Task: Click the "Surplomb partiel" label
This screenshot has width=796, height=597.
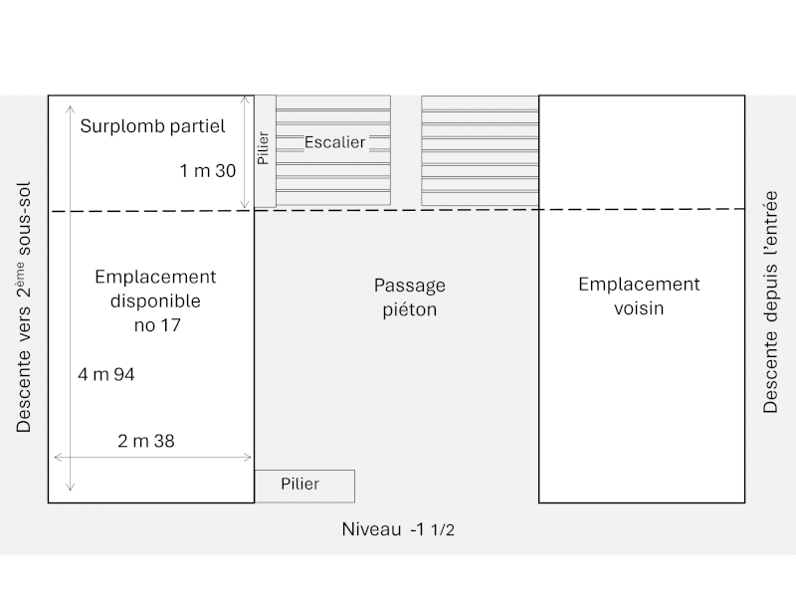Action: tap(153, 126)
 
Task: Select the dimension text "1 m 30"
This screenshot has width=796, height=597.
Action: tap(207, 171)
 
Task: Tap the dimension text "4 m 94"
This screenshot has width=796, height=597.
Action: tap(105, 375)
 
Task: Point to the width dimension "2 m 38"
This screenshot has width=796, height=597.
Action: tap(146, 441)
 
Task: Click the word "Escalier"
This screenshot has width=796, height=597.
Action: tap(334, 142)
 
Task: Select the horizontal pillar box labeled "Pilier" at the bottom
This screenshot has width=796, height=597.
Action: tap(304, 485)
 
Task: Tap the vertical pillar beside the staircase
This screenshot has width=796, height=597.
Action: tap(264, 151)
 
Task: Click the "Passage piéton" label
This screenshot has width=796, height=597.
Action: tap(410, 298)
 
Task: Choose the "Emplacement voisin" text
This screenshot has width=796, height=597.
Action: tap(639, 297)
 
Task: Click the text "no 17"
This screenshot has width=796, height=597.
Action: tap(157, 325)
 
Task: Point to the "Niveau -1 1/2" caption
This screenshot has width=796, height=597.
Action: tap(398, 529)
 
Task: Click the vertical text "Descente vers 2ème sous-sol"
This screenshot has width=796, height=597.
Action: tap(24, 307)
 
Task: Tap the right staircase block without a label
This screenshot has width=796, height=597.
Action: tap(480, 151)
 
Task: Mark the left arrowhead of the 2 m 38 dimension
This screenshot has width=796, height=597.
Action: tap(57, 457)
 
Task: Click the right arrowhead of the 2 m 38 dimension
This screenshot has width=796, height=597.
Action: tap(249, 457)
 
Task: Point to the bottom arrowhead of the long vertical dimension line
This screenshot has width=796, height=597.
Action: tap(70, 488)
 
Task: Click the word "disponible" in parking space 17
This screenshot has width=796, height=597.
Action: tap(155, 300)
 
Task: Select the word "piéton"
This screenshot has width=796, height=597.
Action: tap(410, 310)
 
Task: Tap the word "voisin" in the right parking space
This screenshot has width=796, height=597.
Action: tap(639, 308)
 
